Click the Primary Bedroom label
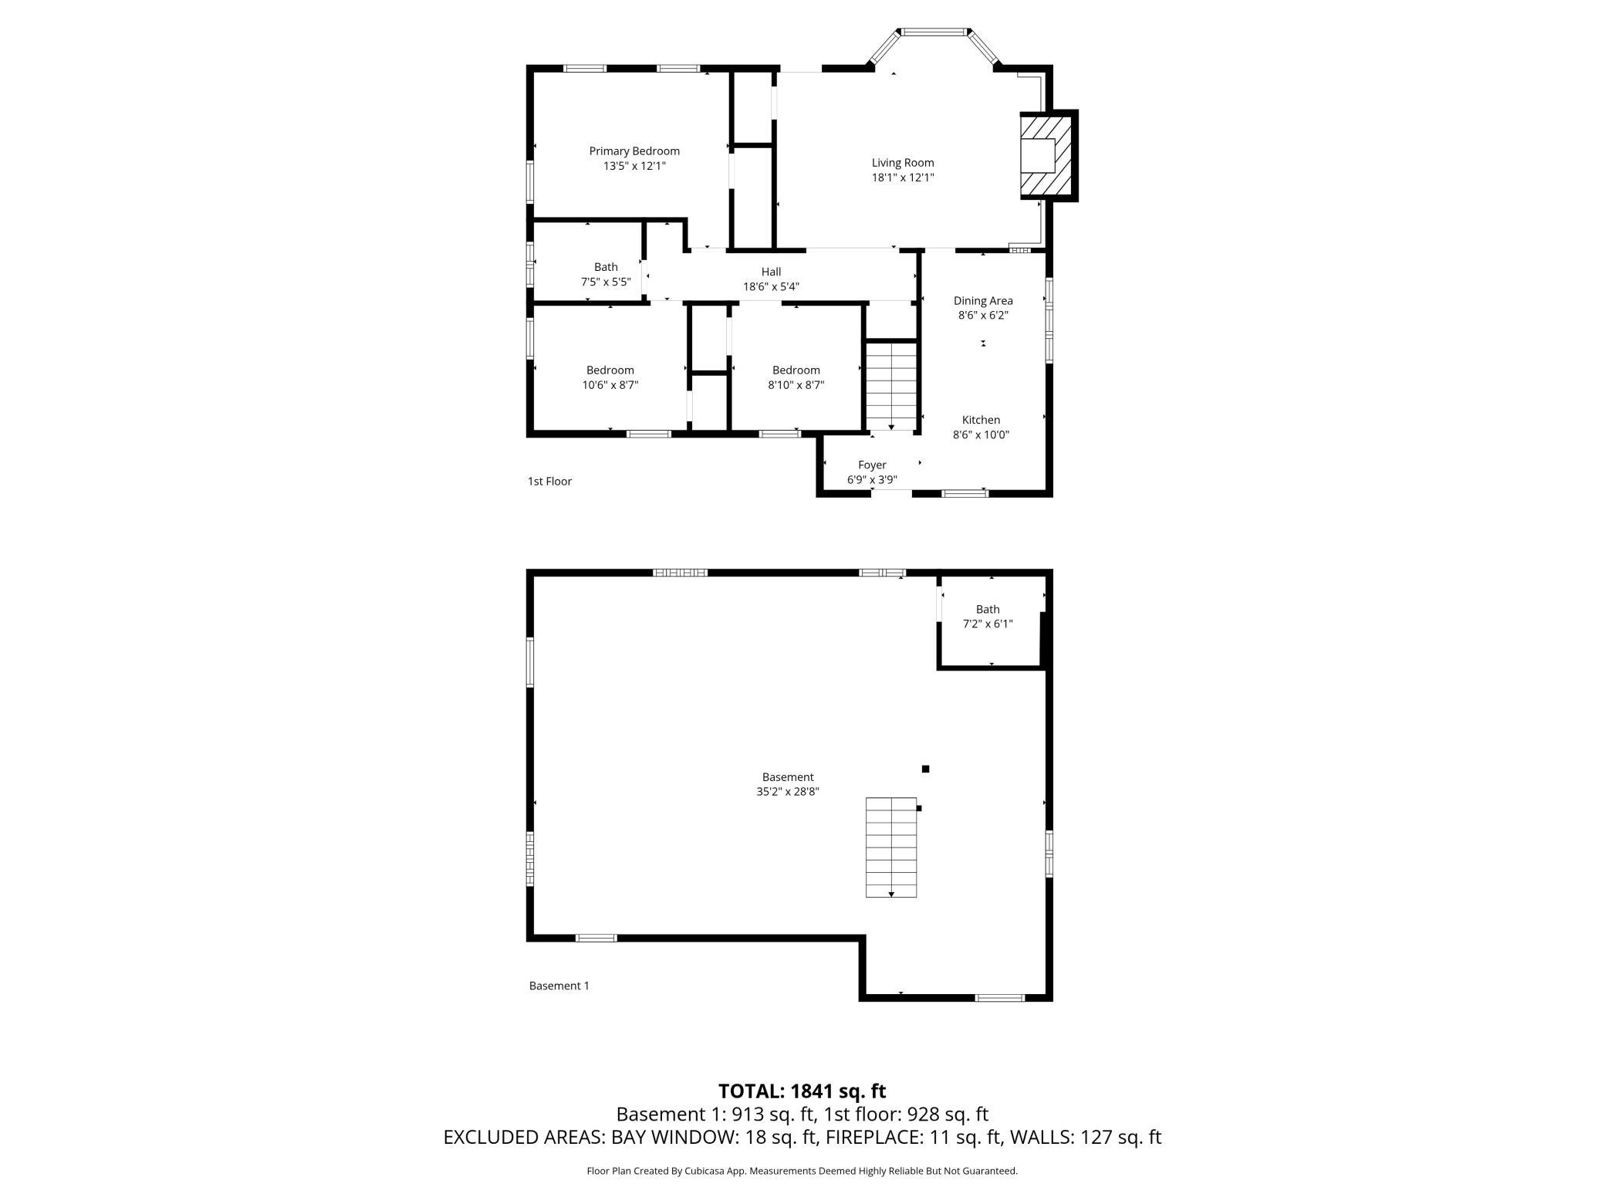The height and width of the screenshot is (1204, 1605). (634, 151)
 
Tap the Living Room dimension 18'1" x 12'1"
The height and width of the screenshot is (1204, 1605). (903, 178)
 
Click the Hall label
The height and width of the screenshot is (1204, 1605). (771, 272)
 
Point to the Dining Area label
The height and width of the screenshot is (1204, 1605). (983, 301)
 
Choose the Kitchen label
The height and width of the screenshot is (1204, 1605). (981, 420)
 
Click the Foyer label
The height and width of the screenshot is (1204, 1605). (872, 465)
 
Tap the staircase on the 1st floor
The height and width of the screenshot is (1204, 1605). (891, 386)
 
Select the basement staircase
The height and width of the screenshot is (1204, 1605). (891, 847)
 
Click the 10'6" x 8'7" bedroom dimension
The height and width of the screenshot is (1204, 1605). (610, 385)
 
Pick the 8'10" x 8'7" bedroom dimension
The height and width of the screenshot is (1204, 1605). (796, 385)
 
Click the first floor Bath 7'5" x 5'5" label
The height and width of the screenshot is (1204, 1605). (606, 275)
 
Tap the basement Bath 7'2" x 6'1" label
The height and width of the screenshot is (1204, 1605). (988, 617)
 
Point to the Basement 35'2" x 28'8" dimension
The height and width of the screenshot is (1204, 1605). (788, 791)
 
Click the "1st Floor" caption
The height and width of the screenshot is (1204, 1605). (549, 482)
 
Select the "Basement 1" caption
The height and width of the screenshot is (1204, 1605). (559, 986)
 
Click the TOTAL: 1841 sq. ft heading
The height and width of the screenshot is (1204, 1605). (802, 1091)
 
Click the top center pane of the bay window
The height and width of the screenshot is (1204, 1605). (934, 32)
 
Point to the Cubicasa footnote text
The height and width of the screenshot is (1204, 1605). (802, 1171)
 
